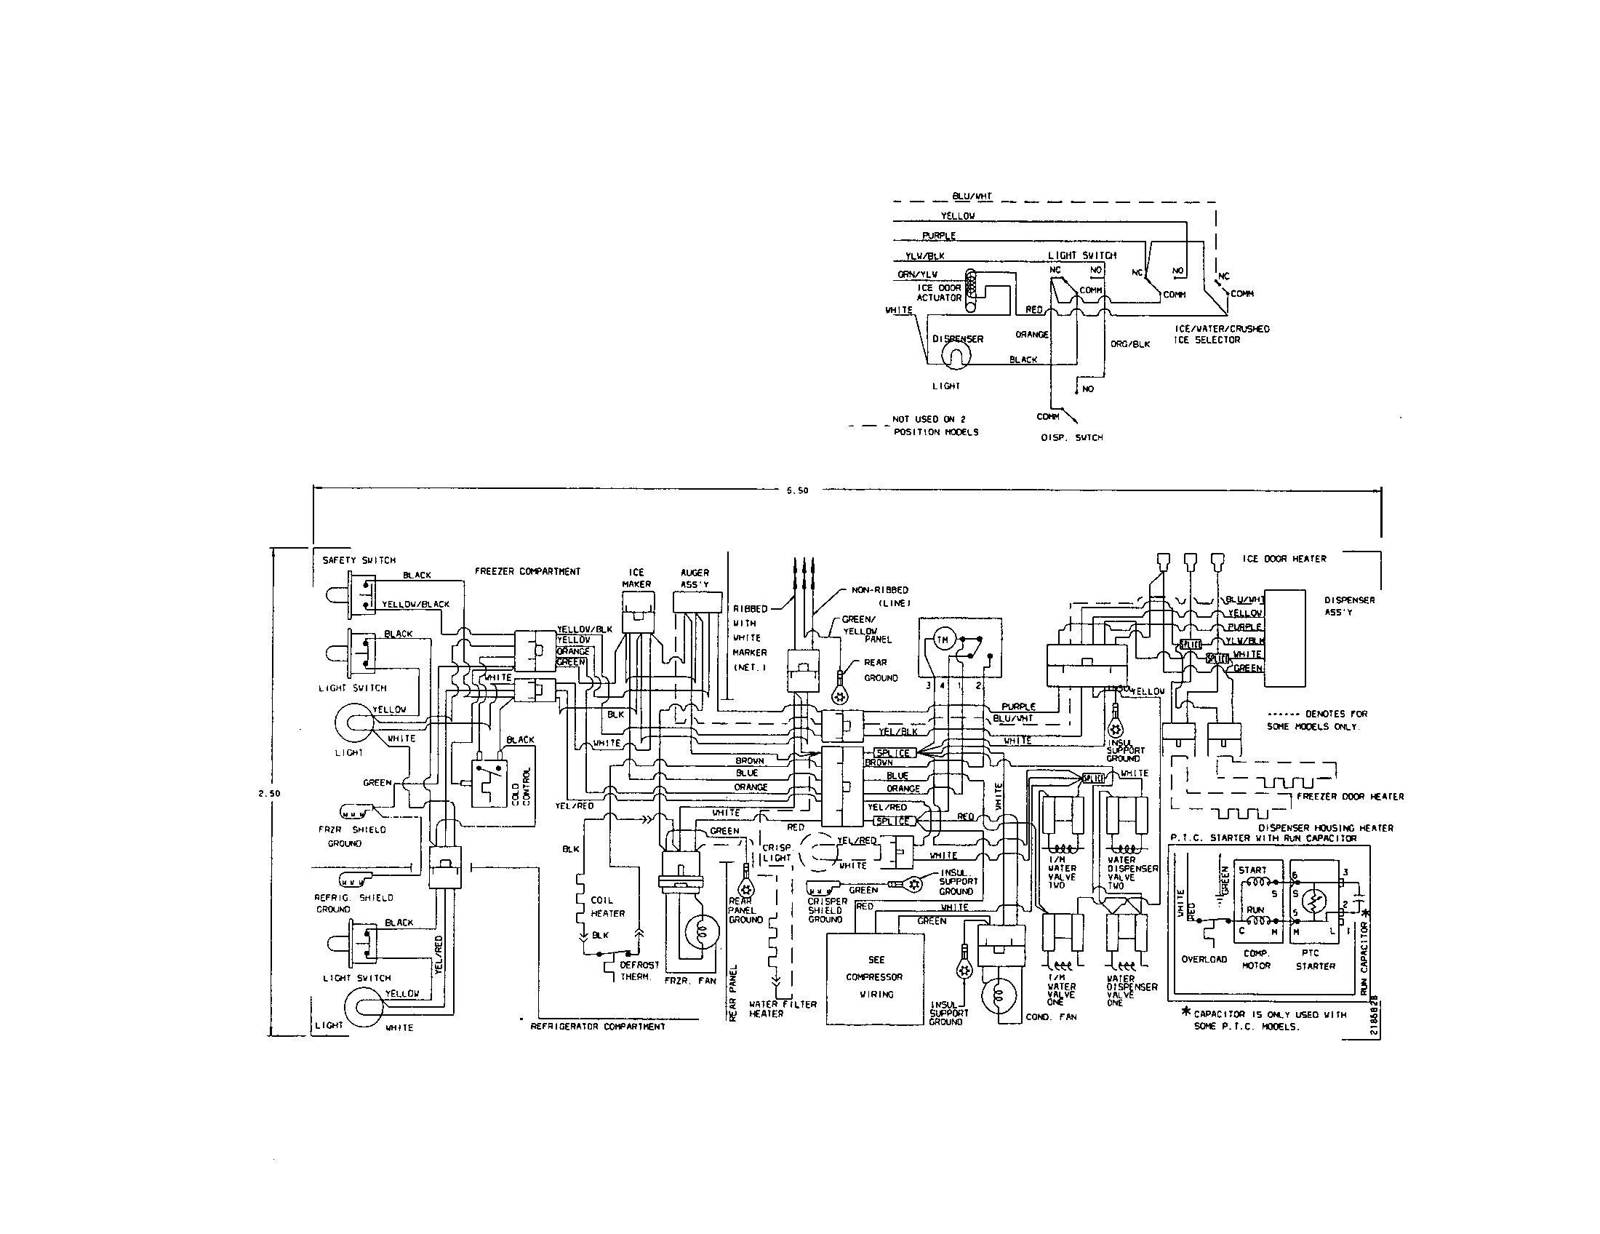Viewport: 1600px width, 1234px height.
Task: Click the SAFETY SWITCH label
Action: click(359, 560)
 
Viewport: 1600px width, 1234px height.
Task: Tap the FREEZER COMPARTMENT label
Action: click(527, 572)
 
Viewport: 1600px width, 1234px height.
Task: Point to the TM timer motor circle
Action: click(941, 642)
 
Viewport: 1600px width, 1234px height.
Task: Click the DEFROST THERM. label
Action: click(639, 971)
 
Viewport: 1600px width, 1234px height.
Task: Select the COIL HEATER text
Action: click(607, 907)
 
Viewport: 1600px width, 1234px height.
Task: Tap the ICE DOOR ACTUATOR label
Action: click(939, 293)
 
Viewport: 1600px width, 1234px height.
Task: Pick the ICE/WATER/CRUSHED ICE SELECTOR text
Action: click(1221, 334)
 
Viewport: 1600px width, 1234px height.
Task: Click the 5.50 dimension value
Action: click(797, 491)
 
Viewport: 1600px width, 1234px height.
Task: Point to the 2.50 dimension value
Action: click(271, 793)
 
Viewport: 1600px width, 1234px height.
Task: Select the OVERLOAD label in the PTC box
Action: click(1204, 959)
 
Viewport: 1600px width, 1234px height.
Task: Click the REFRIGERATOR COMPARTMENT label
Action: click(598, 1027)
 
